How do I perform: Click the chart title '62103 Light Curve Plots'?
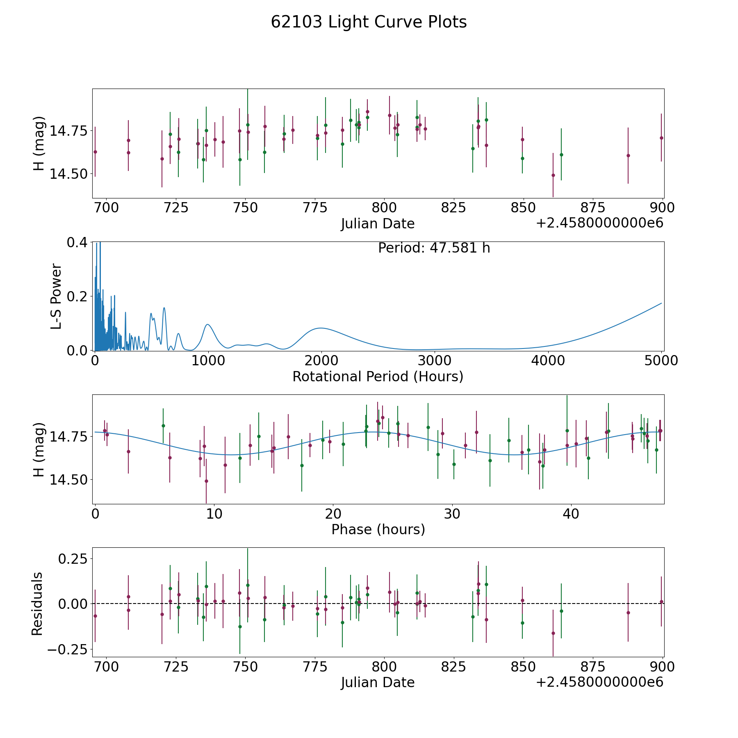tap(369, 22)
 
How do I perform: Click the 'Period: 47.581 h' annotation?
tap(434, 248)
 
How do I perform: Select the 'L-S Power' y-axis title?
tap(57, 296)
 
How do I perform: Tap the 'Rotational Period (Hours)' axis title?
tap(378, 376)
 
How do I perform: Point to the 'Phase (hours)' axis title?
tap(378, 529)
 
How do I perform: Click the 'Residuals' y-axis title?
tap(37, 604)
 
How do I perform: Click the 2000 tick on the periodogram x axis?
tap(321, 361)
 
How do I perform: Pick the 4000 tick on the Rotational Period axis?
tap(548, 361)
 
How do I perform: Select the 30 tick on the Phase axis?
tap(452, 514)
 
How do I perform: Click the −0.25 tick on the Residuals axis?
tap(67, 650)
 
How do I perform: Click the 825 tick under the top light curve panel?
tap(453, 208)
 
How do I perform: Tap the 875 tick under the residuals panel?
tap(593, 667)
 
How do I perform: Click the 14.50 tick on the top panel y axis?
tap(68, 174)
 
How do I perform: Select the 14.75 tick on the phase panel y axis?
tap(68, 436)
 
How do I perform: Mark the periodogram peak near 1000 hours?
tap(208, 324)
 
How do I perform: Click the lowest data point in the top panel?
tap(553, 175)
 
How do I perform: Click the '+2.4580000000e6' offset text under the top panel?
tap(599, 223)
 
